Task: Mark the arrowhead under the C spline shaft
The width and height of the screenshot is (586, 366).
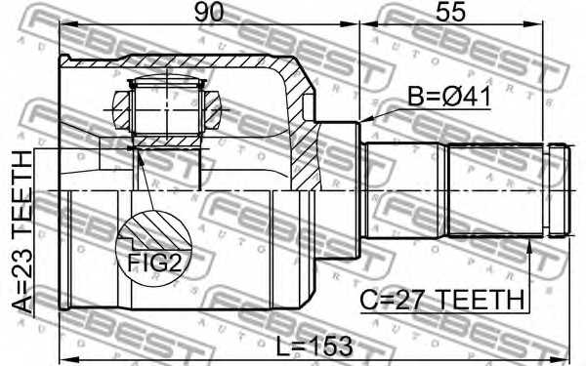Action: click(x=530, y=245)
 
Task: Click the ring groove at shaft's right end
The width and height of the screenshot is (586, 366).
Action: click(x=558, y=190)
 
